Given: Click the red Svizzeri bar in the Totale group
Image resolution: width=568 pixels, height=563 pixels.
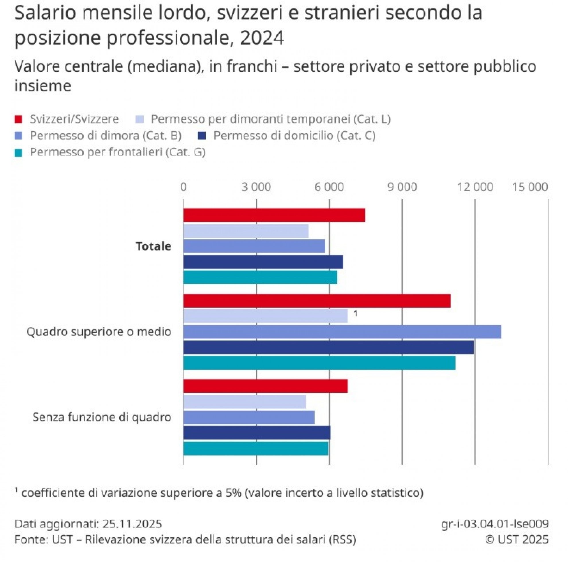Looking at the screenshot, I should tap(274, 215).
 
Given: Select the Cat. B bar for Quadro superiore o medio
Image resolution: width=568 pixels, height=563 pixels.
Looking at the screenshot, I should tap(342, 332).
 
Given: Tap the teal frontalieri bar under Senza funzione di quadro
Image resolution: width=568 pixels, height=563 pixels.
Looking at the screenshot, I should tap(256, 448).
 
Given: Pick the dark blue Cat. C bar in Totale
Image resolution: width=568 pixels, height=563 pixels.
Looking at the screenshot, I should tap(263, 262).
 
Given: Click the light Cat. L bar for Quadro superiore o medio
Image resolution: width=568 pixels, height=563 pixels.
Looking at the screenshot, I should tap(265, 316).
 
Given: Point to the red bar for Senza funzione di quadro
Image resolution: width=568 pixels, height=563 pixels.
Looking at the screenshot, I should tap(265, 386).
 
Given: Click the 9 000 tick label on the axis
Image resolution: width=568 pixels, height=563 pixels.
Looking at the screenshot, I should tap(402, 187).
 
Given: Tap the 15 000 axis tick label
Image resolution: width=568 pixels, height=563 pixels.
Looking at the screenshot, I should tap(530, 187).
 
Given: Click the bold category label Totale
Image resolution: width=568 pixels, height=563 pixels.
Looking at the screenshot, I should tap(153, 246).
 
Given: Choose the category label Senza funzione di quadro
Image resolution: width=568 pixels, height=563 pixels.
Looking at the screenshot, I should tap(102, 417).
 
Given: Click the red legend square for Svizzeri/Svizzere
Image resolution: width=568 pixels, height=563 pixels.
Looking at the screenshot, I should tap(18, 119).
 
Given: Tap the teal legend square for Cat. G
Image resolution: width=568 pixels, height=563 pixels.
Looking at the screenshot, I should tap(18, 153).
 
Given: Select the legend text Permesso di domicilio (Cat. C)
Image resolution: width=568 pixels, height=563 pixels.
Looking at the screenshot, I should tap(294, 136).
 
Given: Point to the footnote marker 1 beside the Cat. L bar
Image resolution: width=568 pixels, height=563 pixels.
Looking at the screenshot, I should tap(355, 314).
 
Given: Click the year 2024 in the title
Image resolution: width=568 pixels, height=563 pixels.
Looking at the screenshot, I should tap(262, 38).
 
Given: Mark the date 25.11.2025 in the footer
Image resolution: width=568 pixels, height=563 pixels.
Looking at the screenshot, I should tap(132, 524).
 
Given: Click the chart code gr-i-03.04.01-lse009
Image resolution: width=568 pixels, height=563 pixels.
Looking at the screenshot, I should tap(495, 524).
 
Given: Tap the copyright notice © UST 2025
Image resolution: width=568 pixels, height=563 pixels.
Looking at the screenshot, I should tap(517, 539).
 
